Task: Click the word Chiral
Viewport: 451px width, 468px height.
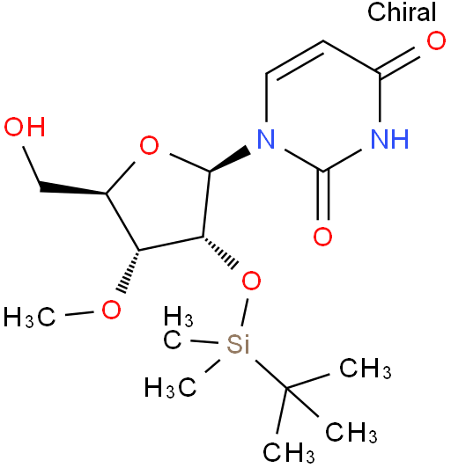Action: pyautogui.click(x=402, y=11)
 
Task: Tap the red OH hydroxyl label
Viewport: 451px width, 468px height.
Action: pyautogui.click(x=25, y=127)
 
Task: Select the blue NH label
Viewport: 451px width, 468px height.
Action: pyautogui.click(x=389, y=139)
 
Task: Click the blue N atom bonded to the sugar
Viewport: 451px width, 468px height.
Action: pyautogui.click(x=266, y=139)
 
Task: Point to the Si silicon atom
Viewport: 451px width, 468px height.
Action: pyautogui.click(x=238, y=343)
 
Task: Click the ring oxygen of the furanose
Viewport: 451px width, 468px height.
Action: pyautogui.click(x=149, y=145)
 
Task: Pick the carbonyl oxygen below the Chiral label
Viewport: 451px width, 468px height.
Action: pyautogui.click(x=436, y=40)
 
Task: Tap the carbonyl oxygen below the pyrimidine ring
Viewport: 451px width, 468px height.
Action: pyautogui.click(x=322, y=237)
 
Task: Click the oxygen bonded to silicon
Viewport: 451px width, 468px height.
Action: pyautogui.click(x=251, y=281)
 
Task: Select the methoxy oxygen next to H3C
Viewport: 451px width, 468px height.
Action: pyautogui.click(x=111, y=310)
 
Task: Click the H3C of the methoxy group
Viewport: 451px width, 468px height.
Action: pyautogui.click(x=29, y=317)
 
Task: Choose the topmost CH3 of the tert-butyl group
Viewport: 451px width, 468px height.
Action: pyautogui.click(x=366, y=368)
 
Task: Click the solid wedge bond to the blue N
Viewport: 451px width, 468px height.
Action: pyautogui.click(x=230, y=161)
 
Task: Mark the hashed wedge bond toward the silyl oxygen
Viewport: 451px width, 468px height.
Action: pyautogui.click(x=219, y=252)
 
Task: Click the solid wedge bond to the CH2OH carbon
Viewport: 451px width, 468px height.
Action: pyautogui.click(x=72, y=188)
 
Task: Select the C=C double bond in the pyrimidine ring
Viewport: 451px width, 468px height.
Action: pyautogui.click(x=294, y=59)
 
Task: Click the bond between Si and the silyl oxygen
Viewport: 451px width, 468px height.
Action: pyautogui.click(x=245, y=311)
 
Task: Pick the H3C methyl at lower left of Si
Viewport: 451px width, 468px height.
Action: pyautogui.click(x=171, y=387)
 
